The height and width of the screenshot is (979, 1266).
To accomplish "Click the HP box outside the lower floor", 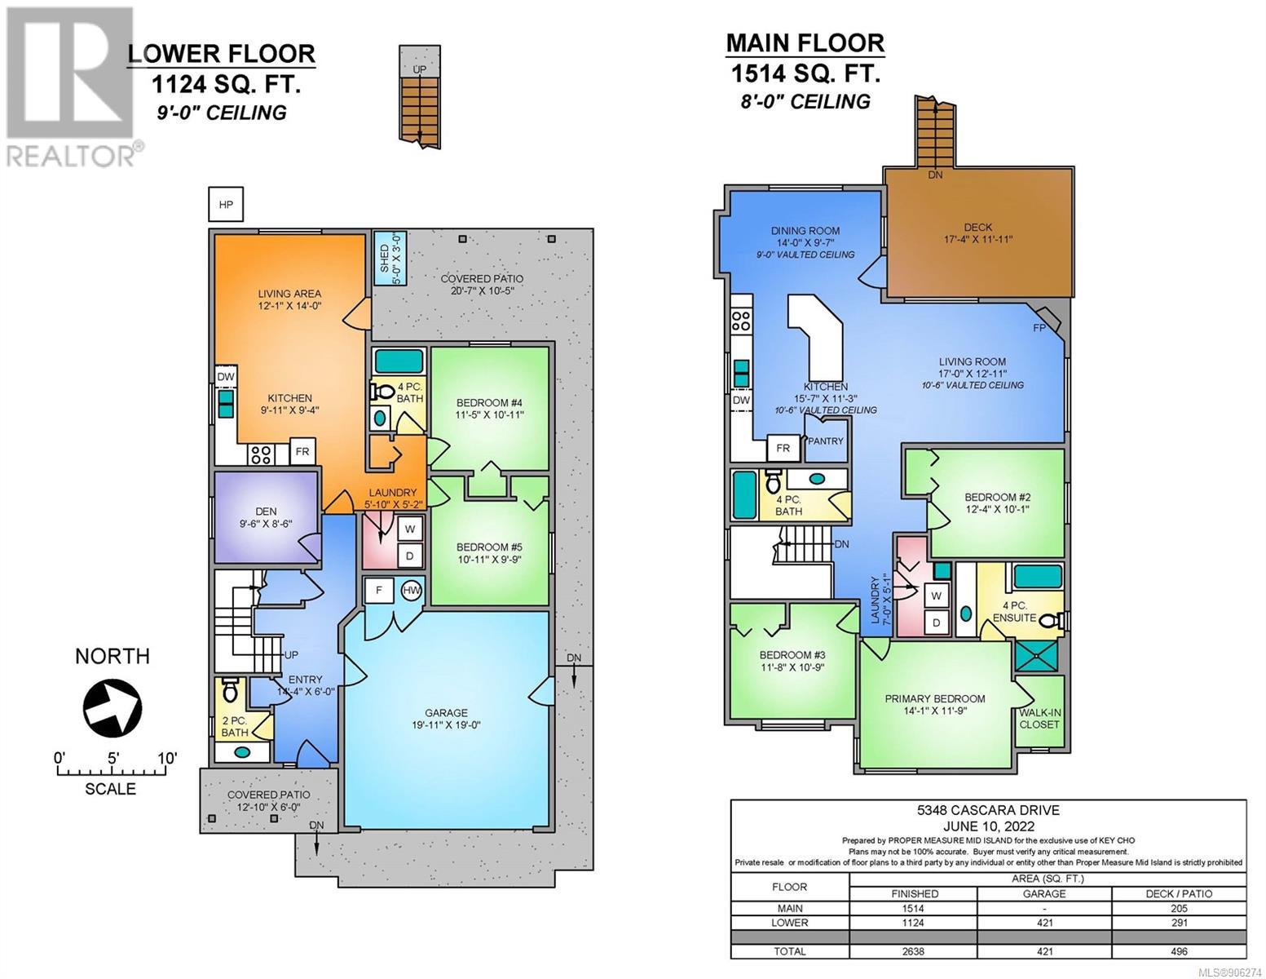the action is tap(226, 205).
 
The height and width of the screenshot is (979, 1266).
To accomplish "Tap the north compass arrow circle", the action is tap(112, 708).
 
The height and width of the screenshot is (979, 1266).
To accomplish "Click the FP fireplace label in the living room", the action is tap(1039, 328).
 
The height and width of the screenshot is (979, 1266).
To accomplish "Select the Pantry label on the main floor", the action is tap(825, 441).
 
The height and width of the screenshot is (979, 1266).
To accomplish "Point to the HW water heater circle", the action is tap(412, 591).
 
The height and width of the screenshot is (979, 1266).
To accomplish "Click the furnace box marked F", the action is tap(379, 591).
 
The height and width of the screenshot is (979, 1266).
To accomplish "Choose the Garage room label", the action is tap(446, 712).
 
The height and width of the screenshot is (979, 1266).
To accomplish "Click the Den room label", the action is tap(266, 512).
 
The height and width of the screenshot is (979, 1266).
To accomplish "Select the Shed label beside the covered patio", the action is tap(385, 259).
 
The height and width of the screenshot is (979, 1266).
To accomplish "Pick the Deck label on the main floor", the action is tap(977, 228).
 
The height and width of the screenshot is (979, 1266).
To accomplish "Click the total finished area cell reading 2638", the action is tap(915, 951).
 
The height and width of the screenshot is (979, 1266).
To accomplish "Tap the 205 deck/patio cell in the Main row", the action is tap(1179, 909).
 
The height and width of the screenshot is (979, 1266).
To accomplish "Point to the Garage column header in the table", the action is tap(1044, 894).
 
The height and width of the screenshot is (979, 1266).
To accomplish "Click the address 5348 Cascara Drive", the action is tap(988, 810).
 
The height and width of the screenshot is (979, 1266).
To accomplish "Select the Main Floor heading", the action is tap(805, 43).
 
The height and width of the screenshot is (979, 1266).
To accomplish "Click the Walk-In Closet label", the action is tap(1039, 719).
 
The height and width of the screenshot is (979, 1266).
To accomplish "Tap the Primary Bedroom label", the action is tap(934, 698).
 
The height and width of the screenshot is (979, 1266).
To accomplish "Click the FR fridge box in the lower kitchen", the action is tap(302, 451).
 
